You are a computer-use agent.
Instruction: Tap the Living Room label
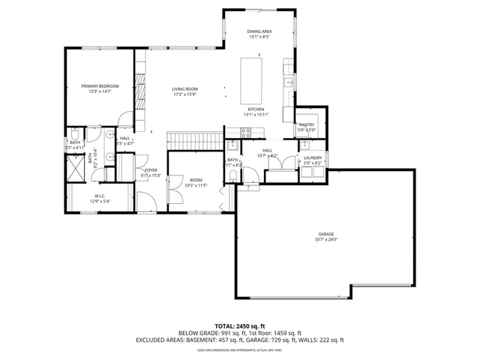point(184,89)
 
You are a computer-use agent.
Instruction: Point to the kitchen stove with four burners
point(245,133)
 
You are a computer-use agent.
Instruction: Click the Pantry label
point(307,125)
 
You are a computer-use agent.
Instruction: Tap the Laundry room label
point(312,157)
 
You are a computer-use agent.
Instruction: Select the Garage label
point(325,235)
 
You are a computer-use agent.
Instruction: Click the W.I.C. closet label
point(100,196)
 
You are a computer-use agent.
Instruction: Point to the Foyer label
point(151,170)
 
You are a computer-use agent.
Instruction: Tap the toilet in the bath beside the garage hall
point(233,176)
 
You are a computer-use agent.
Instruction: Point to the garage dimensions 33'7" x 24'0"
point(325,239)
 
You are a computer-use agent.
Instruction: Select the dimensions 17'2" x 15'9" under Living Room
point(184,94)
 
